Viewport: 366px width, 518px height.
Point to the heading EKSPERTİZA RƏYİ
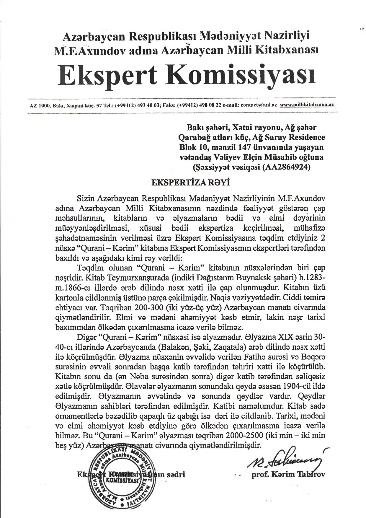[190, 182]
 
